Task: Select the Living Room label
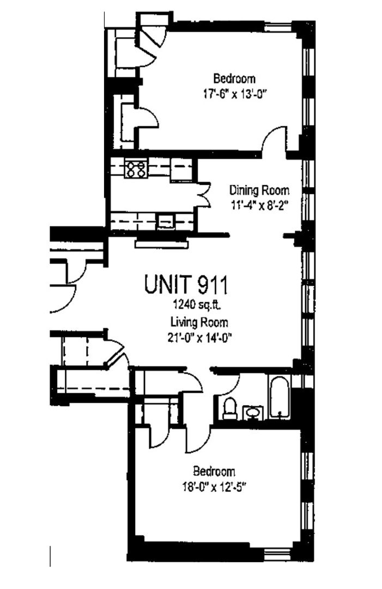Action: point(199,322)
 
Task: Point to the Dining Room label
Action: point(259,190)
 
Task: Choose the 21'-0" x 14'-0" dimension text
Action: point(199,338)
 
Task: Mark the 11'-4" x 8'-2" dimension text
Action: point(259,206)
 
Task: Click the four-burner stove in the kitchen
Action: point(136,169)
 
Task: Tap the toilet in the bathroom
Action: point(229,409)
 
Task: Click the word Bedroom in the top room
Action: point(234,79)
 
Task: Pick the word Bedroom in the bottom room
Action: point(214,471)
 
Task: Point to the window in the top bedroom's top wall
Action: point(278,27)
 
